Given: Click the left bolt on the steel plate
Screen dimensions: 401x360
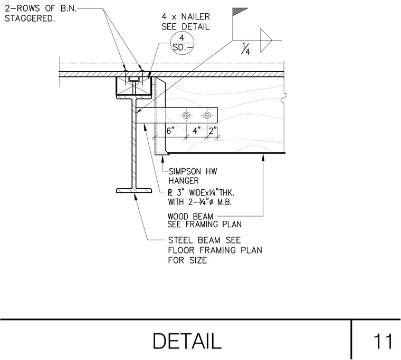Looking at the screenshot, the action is pos(186,115).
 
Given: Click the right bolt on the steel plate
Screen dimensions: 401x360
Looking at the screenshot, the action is pos(207,115).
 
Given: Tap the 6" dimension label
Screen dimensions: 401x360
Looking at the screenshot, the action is pos(170,131).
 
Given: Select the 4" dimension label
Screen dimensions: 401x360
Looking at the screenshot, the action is pos(197,131).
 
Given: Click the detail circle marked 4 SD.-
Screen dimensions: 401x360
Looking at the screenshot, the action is pos(182,43).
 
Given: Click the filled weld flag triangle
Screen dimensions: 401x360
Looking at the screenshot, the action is pos(240,12).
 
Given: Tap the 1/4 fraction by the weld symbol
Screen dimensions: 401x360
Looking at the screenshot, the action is pos(245,48).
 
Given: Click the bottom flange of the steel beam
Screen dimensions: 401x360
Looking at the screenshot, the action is pos(134,191).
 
